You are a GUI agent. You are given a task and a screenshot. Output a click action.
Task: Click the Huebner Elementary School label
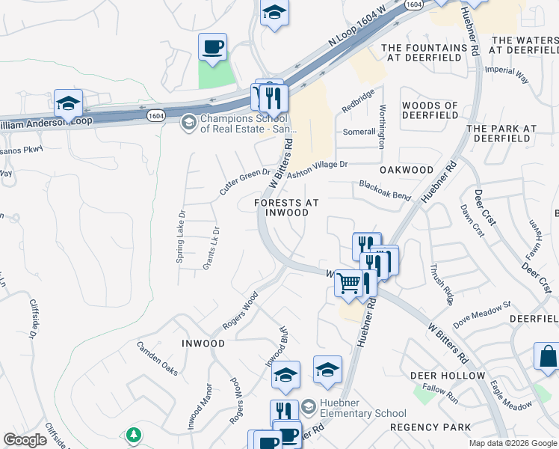pos(362,408)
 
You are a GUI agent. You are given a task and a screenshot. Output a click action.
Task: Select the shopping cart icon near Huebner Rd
pos(349,284)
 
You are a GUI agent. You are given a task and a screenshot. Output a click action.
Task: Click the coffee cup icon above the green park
pos(212,47)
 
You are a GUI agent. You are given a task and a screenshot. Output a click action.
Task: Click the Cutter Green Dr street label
pos(245,183)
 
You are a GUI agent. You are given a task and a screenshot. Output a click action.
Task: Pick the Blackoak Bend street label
pos(385,190)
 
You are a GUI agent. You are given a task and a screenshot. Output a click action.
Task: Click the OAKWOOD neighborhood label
pos(406,170)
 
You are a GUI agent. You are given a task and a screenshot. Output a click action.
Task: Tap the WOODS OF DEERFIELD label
pos(430,111)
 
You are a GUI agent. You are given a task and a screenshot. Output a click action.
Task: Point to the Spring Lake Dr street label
pos(180,233)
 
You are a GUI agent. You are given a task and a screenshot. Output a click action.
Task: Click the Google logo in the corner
pos(25,440)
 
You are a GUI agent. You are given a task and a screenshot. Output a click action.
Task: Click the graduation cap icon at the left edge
pos(68,103)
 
